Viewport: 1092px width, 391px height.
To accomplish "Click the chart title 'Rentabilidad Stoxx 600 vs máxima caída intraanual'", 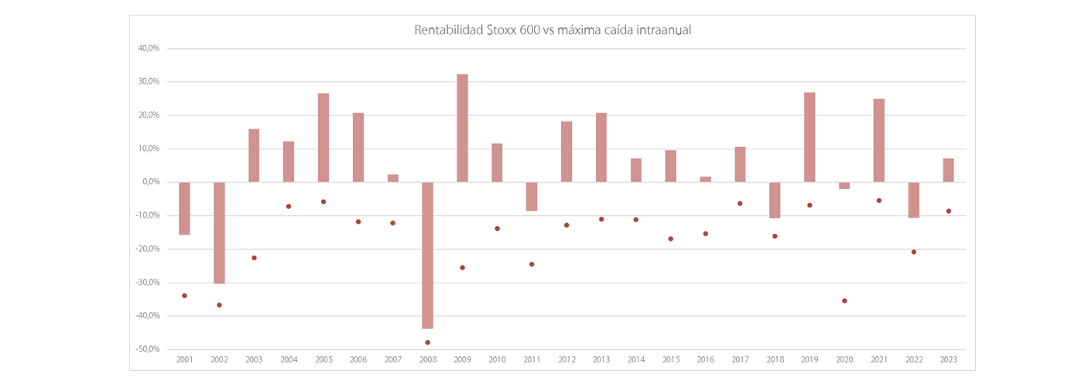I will click(x=553, y=30).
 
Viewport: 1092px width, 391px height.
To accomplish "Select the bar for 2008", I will click(x=427, y=255).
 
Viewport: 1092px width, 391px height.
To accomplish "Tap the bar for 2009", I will click(x=462, y=128).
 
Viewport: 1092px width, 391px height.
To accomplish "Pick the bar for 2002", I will click(x=219, y=232).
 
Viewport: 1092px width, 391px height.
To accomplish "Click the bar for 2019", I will click(x=810, y=137).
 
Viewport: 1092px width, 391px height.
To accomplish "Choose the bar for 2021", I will click(x=878, y=140).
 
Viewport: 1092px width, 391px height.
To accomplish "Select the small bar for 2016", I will click(x=705, y=179).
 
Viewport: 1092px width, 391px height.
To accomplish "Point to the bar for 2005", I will click(x=323, y=138).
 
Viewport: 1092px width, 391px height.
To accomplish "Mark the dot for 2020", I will click(x=844, y=300).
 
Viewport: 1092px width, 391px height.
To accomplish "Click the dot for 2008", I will click(x=427, y=342).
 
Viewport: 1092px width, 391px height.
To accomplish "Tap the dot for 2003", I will click(x=254, y=258).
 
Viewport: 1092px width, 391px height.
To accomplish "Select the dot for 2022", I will click(x=913, y=252).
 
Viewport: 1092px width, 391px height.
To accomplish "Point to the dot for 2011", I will click(x=532, y=264).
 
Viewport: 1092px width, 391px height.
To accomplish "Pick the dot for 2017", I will click(x=740, y=204).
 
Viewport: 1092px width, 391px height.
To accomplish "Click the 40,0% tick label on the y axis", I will click(x=149, y=48).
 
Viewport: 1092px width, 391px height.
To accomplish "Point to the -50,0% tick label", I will click(x=147, y=349).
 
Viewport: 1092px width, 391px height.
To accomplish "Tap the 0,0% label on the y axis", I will click(x=150, y=182).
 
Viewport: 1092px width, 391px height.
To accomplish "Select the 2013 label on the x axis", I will click(x=601, y=360).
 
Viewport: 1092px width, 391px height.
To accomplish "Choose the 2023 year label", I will click(x=948, y=360).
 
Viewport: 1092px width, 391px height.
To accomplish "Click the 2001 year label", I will click(x=184, y=360).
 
